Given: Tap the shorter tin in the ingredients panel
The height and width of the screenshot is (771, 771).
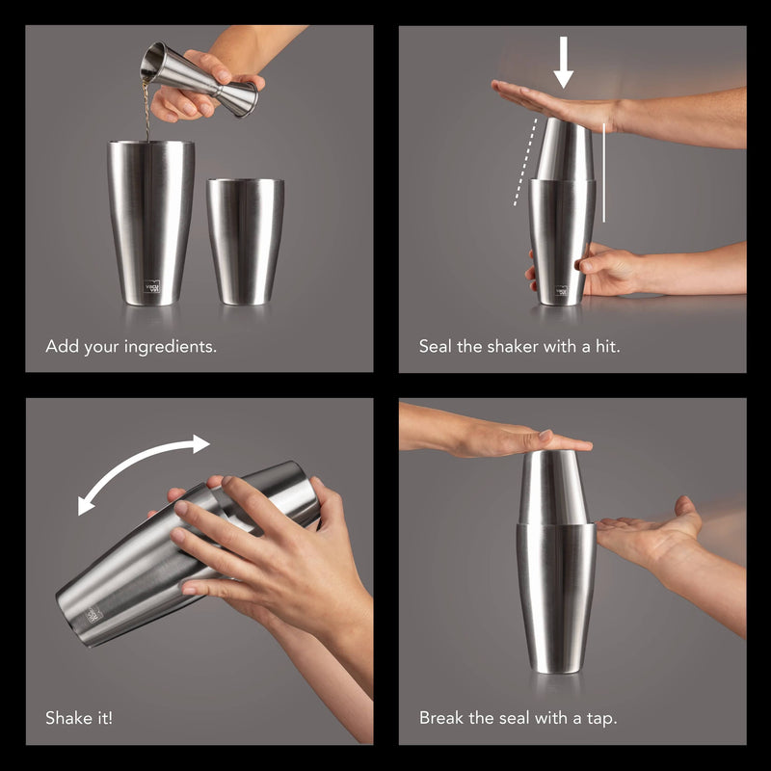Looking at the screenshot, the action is [x=246, y=242].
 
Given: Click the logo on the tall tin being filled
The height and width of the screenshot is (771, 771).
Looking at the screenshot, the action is [x=152, y=285].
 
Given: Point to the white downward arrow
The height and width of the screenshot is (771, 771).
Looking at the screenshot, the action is [x=563, y=63].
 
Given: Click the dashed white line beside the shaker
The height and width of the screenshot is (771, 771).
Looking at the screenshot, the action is [x=524, y=162].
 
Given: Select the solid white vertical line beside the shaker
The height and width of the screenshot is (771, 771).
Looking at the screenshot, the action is [x=604, y=173].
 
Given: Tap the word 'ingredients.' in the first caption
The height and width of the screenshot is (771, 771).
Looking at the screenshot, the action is [x=171, y=347].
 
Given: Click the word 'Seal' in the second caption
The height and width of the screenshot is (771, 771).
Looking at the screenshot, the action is [x=436, y=346].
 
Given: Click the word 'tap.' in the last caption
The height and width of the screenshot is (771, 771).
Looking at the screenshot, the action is [x=601, y=719].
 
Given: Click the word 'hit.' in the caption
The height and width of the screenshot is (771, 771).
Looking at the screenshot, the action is [x=608, y=346].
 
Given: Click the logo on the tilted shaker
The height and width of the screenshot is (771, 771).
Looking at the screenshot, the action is [x=93, y=614].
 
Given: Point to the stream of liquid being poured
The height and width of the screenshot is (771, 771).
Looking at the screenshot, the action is [x=146, y=111].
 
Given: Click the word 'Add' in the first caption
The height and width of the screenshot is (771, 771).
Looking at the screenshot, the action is [x=63, y=346].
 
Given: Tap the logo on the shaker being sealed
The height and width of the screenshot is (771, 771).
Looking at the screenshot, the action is [x=562, y=291].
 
